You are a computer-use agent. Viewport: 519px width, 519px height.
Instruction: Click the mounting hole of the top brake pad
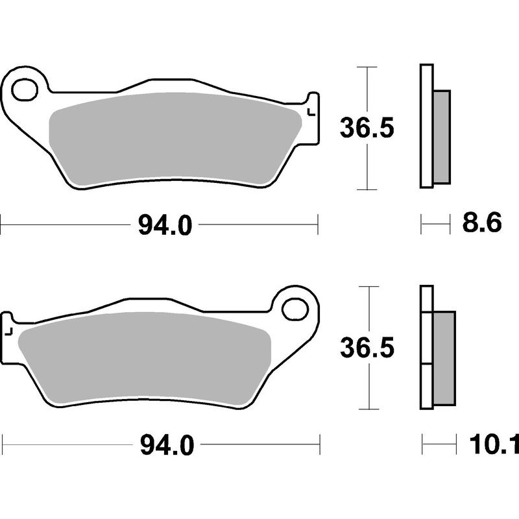click(x=25, y=90)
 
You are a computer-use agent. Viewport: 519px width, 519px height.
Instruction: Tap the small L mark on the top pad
click(x=310, y=112)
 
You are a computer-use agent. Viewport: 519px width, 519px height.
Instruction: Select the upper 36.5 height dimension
click(x=367, y=130)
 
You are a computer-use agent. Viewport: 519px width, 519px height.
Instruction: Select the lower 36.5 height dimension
click(x=367, y=348)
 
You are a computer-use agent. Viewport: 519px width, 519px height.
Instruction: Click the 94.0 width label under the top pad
click(x=165, y=226)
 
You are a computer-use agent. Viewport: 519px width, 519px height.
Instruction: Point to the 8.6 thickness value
click(x=482, y=224)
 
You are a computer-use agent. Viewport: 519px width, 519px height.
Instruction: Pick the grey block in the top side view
click(x=441, y=136)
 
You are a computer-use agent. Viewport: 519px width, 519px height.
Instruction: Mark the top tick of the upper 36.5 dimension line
click(x=368, y=67)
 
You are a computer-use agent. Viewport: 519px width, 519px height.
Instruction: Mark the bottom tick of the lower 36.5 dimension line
click(x=368, y=409)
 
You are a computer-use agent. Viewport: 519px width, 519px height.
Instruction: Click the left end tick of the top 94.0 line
click(x=1, y=226)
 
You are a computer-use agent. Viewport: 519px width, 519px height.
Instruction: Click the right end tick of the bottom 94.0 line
click(x=320, y=445)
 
